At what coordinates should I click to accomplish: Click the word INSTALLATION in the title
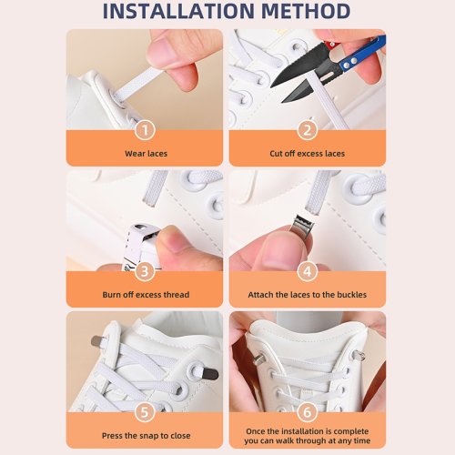[178, 11]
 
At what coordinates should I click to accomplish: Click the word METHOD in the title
[306, 11]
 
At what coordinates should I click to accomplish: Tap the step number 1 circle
[145, 130]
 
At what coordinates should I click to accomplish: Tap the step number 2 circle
[308, 130]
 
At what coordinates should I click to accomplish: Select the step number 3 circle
[145, 271]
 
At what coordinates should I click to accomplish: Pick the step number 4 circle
[308, 271]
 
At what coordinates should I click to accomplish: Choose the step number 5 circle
[145, 412]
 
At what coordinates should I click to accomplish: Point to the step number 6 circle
[308, 412]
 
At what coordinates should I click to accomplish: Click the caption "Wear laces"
[146, 154]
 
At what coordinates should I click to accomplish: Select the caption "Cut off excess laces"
[308, 154]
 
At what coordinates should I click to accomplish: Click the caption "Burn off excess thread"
[146, 295]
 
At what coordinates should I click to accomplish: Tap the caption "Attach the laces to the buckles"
[308, 295]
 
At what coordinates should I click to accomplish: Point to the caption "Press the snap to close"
[147, 436]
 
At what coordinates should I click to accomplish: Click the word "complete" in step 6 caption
[351, 431]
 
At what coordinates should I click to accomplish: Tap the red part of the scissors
[331, 46]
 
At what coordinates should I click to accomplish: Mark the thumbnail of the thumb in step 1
[160, 52]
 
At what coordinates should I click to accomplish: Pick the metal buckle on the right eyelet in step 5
[210, 374]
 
